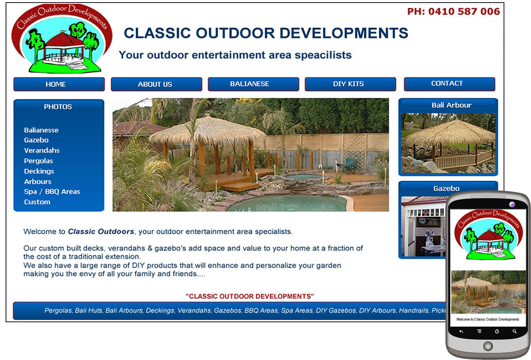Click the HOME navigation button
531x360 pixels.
coord(59,84)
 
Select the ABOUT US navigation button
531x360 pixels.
coord(157,84)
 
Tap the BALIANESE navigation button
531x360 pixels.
coord(253,84)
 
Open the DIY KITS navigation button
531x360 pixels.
coord(350,84)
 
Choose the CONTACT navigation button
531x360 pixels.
coord(450,84)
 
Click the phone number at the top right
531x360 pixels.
coord(453,12)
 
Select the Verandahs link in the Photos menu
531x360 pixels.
coord(42,150)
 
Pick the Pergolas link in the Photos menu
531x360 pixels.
coord(39,161)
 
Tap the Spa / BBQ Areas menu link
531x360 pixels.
coord(52,192)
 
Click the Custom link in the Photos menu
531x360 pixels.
coord(37,202)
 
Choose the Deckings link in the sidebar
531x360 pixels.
coord(39,171)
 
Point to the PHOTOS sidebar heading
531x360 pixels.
coord(58,107)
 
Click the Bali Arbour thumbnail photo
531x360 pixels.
coord(448,143)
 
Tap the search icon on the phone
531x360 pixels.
coord(514,331)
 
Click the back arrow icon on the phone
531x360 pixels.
coord(462,331)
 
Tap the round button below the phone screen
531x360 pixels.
coord(488,346)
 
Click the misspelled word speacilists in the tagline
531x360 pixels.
coord(323,55)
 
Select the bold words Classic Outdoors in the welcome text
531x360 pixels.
coord(101,231)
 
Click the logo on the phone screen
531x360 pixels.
coord(489,235)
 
